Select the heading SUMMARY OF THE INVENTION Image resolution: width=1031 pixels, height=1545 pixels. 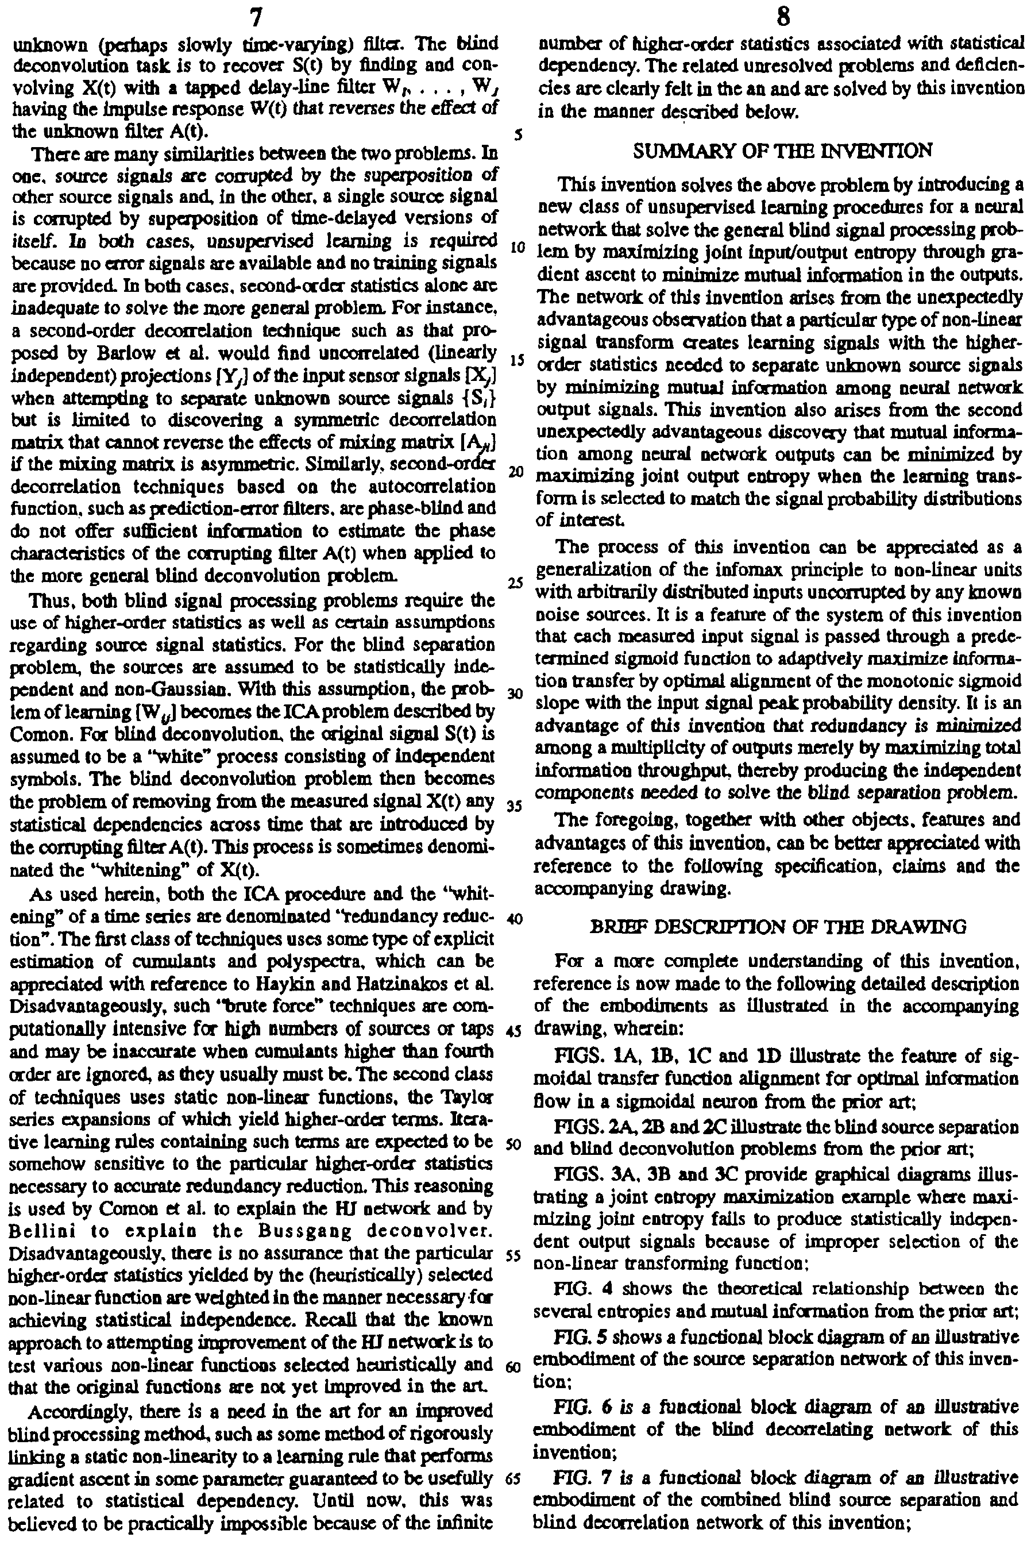pos(782,151)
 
